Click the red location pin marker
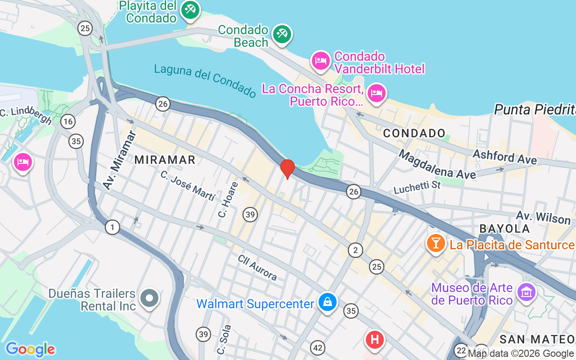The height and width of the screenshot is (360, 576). click(x=288, y=169)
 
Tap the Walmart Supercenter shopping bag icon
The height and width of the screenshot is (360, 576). click(x=328, y=302)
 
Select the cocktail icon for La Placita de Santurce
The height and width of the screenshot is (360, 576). click(x=436, y=243)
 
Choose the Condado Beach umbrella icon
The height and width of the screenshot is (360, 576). click(x=282, y=34)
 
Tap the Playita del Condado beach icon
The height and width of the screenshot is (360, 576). click(x=190, y=10)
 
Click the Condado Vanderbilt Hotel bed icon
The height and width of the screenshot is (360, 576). click(x=320, y=61)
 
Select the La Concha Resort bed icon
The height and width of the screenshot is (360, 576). click(x=376, y=94)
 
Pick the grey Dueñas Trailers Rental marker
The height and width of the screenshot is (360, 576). click(x=149, y=298)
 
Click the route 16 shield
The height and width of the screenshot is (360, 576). click(x=68, y=121)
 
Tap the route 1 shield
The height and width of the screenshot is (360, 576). click(x=112, y=227)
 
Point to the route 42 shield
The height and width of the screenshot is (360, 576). click(x=318, y=347)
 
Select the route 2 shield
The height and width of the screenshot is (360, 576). click(x=355, y=250)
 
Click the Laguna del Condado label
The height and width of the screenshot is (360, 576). click(x=205, y=80)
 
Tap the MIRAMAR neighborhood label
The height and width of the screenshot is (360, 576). click(x=165, y=159)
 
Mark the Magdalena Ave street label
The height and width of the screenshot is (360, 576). click(x=437, y=165)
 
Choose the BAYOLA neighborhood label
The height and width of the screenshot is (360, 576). click(x=504, y=229)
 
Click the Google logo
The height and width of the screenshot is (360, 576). click(x=30, y=349)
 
